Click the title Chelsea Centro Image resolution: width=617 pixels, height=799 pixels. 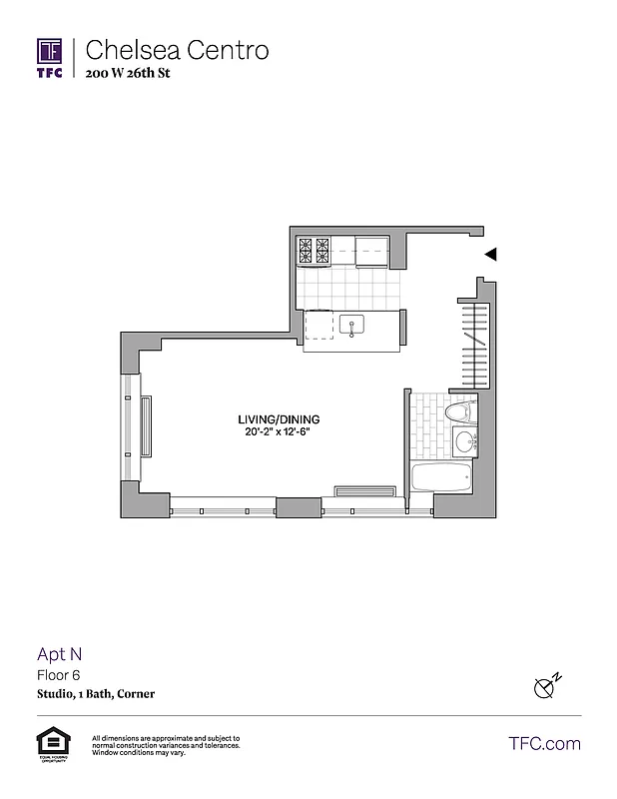pyautogui.click(x=178, y=50)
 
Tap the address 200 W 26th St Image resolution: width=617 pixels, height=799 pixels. pyautogui.click(x=134, y=73)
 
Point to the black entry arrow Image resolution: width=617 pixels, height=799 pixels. pyautogui.click(x=490, y=255)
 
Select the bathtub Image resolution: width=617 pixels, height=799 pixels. pyautogui.click(x=441, y=477)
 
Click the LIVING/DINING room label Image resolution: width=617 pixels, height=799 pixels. pyautogui.click(x=279, y=418)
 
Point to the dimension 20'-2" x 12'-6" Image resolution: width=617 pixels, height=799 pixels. pyautogui.click(x=279, y=431)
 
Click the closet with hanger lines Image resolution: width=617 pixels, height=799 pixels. pyautogui.click(x=475, y=345)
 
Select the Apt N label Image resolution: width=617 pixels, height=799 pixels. pyautogui.click(x=60, y=655)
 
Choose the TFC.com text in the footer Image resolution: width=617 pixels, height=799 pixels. pyautogui.click(x=544, y=743)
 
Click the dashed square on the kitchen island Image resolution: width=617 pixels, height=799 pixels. pyautogui.click(x=319, y=326)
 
